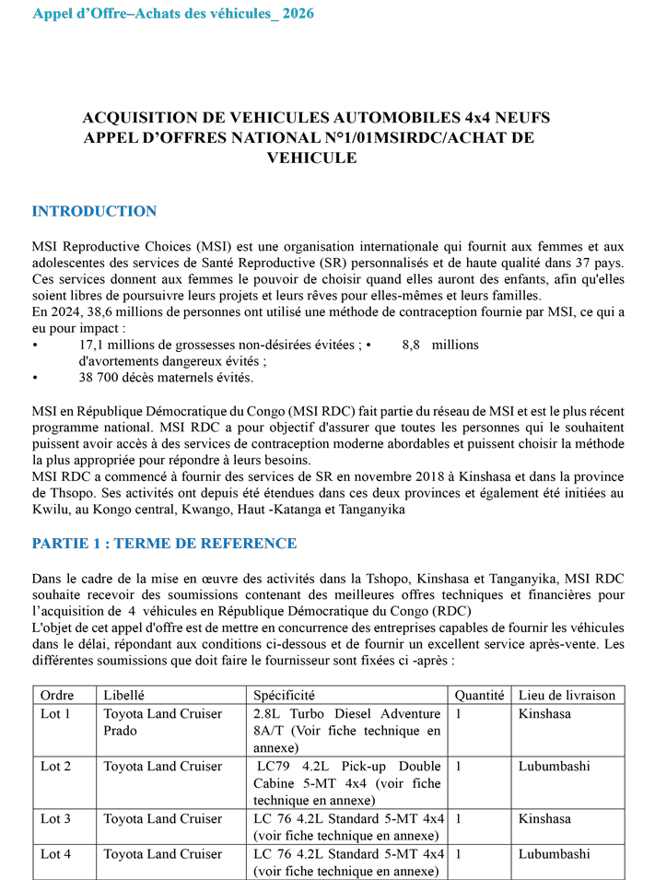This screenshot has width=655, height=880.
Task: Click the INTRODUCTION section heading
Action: pyautogui.click(x=94, y=211)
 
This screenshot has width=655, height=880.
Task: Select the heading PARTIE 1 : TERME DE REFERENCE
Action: pyautogui.click(x=164, y=543)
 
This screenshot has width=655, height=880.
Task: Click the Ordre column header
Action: pyautogui.click(x=58, y=695)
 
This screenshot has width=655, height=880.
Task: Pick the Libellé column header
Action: pyautogui.click(x=124, y=695)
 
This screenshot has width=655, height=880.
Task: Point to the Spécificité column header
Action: pyautogui.click(x=284, y=695)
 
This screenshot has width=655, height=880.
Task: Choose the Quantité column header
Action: pyautogui.click(x=479, y=695)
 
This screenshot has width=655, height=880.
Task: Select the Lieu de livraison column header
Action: pyautogui.click(x=566, y=695)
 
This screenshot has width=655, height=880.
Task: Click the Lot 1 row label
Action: pyautogui.click(x=55, y=713)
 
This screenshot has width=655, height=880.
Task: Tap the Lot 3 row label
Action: pyautogui.click(x=55, y=818)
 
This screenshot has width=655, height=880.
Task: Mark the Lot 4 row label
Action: pyautogui.click(x=55, y=854)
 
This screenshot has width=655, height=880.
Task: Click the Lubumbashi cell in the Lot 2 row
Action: pyautogui.click(x=554, y=766)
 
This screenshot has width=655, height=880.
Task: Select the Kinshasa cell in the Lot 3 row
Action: pyautogui.click(x=544, y=818)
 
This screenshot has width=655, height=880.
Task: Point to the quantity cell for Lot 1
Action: pyautogui.click(x=459, y=713)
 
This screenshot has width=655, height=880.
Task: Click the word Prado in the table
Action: pyautogui.click(x=121, y=731)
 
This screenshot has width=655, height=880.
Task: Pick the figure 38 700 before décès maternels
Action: pyautogui.click(x=101, y=378)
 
